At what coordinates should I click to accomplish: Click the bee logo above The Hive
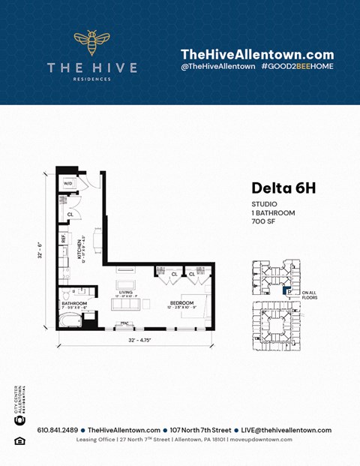[91, 43]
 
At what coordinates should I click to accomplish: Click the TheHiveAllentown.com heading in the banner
[257, 54]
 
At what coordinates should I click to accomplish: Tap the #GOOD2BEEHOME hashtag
[298, 67]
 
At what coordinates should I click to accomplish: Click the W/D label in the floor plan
[67, 183]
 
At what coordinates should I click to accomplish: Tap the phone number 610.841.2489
[52, 430]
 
